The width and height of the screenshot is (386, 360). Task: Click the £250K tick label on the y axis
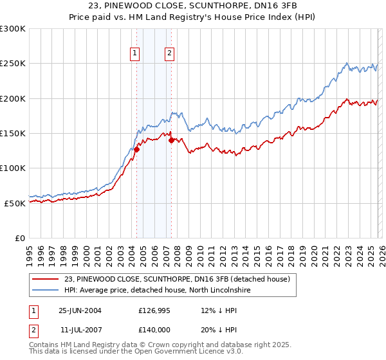point(13,64)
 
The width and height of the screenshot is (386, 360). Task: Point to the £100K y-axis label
point(13,168)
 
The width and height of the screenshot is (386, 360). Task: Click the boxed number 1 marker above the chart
point(136,54)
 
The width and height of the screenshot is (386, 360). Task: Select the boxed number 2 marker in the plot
point(170,54)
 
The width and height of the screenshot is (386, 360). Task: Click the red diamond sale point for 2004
point(136,150)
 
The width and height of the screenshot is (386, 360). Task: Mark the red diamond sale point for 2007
point(171,141)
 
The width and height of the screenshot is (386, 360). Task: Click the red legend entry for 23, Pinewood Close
point(178,279)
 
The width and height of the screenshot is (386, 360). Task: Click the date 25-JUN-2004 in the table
point(80,310)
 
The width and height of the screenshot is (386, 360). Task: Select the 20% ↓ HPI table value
point(219,329)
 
